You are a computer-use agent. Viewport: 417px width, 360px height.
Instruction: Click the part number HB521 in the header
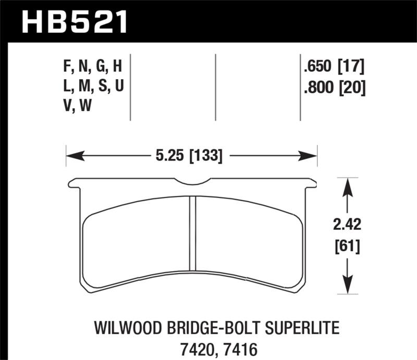pyautogui.click(x=75, y=22)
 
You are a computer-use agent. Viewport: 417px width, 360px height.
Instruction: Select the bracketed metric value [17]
pyautogui.click(x=351, y=67)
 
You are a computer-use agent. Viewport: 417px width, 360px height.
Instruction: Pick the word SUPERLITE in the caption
pyautogui.click(x=302, y=328)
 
